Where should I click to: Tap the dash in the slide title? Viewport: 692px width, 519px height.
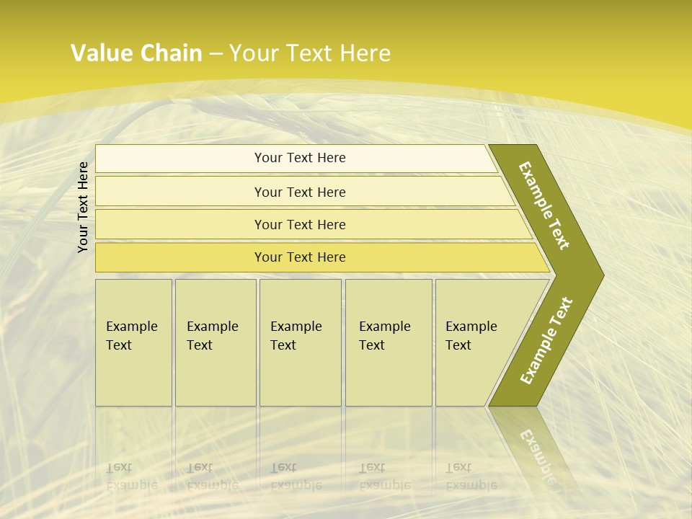pyautogui.click(x=216, y=54)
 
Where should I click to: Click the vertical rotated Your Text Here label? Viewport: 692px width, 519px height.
pyautogui.click(x=84, y=207)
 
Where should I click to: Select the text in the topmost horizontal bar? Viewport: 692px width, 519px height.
pyautogui.click(x=300, y=158)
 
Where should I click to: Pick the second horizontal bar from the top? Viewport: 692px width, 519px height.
pyautogui.click(x=300, y=192)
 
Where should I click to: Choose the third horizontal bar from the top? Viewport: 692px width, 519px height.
pyautogui.click(x=300, y=224)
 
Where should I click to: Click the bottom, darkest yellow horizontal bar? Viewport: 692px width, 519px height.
pyautogui.click(x=300, y=257)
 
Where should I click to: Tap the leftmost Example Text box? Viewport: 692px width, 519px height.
pyautogui.click(x=133, y=342)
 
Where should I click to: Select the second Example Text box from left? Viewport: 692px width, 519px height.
pyautogui.click(x=215, y=342)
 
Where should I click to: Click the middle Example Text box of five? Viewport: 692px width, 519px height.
pyautogui.click(x=300, y=342)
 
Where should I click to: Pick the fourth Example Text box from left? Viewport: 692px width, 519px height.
pyautogui.click(x=388, y=342)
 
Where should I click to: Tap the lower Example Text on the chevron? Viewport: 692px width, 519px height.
pyautogui.click(x=546, y=341)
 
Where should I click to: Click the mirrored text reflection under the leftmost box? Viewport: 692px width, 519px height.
pyautogui.click(x=132, y=476)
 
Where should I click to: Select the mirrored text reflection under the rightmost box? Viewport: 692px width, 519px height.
pyautogui.click(x=471, y=476)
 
